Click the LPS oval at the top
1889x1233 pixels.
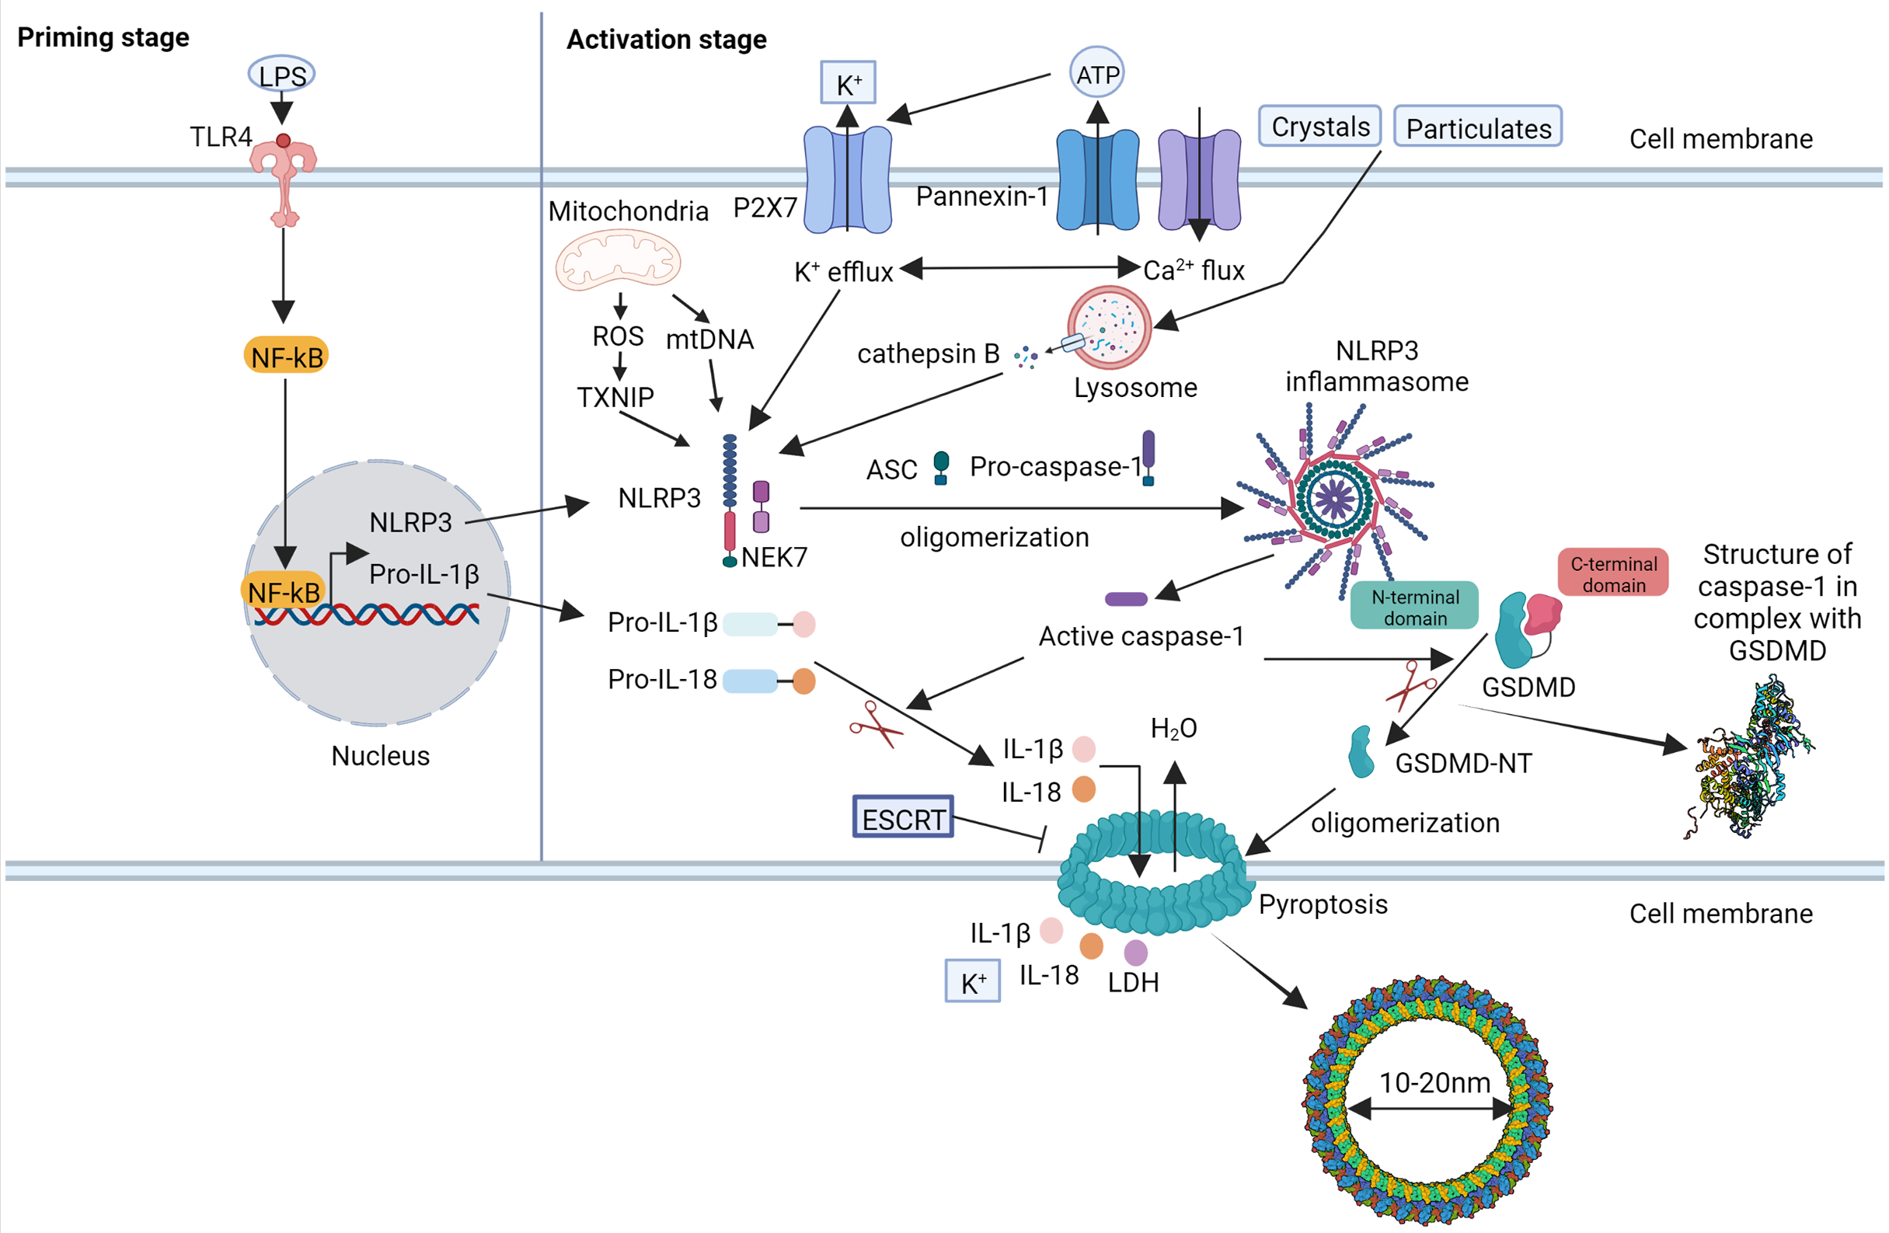point(282,75)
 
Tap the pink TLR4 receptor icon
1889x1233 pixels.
point(284,179)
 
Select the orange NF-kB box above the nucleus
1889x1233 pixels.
point(286,357)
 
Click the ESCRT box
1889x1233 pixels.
point(903,818)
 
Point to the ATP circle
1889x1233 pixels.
point(1097,74)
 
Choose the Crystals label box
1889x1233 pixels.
point(1320,126)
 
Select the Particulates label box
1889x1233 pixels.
point(1478,127)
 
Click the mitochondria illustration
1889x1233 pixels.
point(619,259)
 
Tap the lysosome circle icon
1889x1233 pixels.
point(1109,327)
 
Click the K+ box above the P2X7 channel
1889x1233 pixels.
point(848,82)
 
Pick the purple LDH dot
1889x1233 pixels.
point(1136,951)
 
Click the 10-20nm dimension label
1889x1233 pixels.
point(1434,1082)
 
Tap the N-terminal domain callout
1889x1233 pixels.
point(1414,607)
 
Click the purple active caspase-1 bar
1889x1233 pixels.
point(1125,599)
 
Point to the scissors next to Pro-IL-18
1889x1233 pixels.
point(876,724)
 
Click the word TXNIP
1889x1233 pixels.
point(615,397)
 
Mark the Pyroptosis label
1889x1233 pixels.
point(1323,904)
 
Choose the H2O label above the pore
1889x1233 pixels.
point(1173,727)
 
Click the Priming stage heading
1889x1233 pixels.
point(103,37)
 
